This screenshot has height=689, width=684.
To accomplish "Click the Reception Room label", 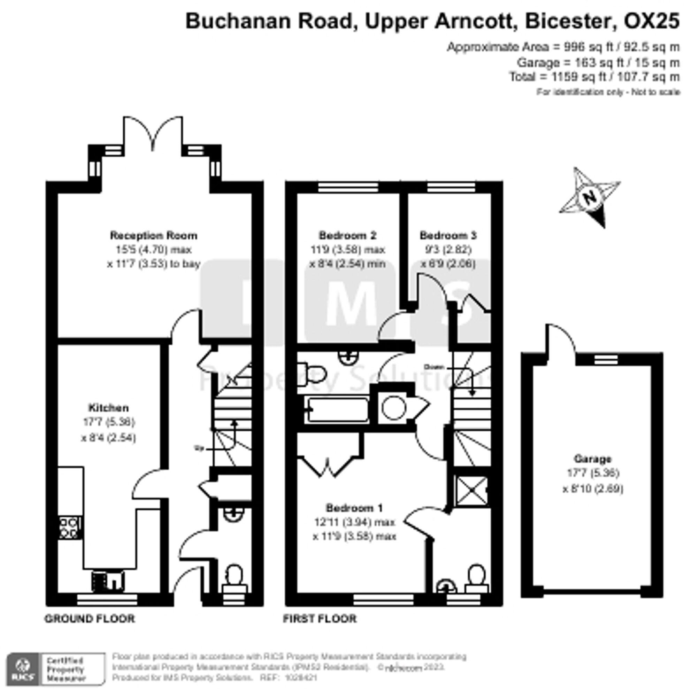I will click(x=154, y=236).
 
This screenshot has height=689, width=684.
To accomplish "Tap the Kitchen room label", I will click(x=108, y=408).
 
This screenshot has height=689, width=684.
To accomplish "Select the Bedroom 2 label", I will click(x=347, y=236).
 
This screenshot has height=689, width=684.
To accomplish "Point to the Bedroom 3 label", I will click(x=448, y=236).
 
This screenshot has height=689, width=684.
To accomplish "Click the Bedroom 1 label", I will click(x=354, y=508).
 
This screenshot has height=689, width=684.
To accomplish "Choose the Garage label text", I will click(x=593, y=459).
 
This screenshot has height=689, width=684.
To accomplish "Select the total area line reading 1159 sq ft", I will click(x=594, y=77).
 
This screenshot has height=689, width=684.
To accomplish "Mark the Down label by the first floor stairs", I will click(x=435, y=367).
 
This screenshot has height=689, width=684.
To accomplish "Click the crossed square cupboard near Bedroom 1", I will click(x=471, y=491).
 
